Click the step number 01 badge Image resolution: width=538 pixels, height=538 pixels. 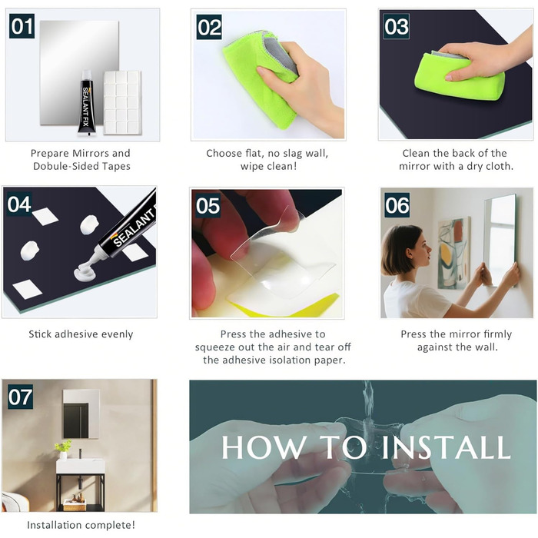(22, 25)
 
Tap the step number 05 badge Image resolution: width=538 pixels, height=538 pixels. (208, 205)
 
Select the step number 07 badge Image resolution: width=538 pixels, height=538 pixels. (21, 397)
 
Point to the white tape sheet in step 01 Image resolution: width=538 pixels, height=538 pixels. (122, 102)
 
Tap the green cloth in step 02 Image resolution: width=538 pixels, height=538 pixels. (259, 77)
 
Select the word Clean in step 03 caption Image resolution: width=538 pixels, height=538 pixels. (415, 153)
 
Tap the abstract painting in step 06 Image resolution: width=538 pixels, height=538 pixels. (453, 253)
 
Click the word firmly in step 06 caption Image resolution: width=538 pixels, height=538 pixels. (497, 334)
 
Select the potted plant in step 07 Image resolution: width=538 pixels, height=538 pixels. (63, 449)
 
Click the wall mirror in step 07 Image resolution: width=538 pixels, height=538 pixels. (81, 413)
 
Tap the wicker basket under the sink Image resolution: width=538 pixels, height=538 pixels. (75, 504)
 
